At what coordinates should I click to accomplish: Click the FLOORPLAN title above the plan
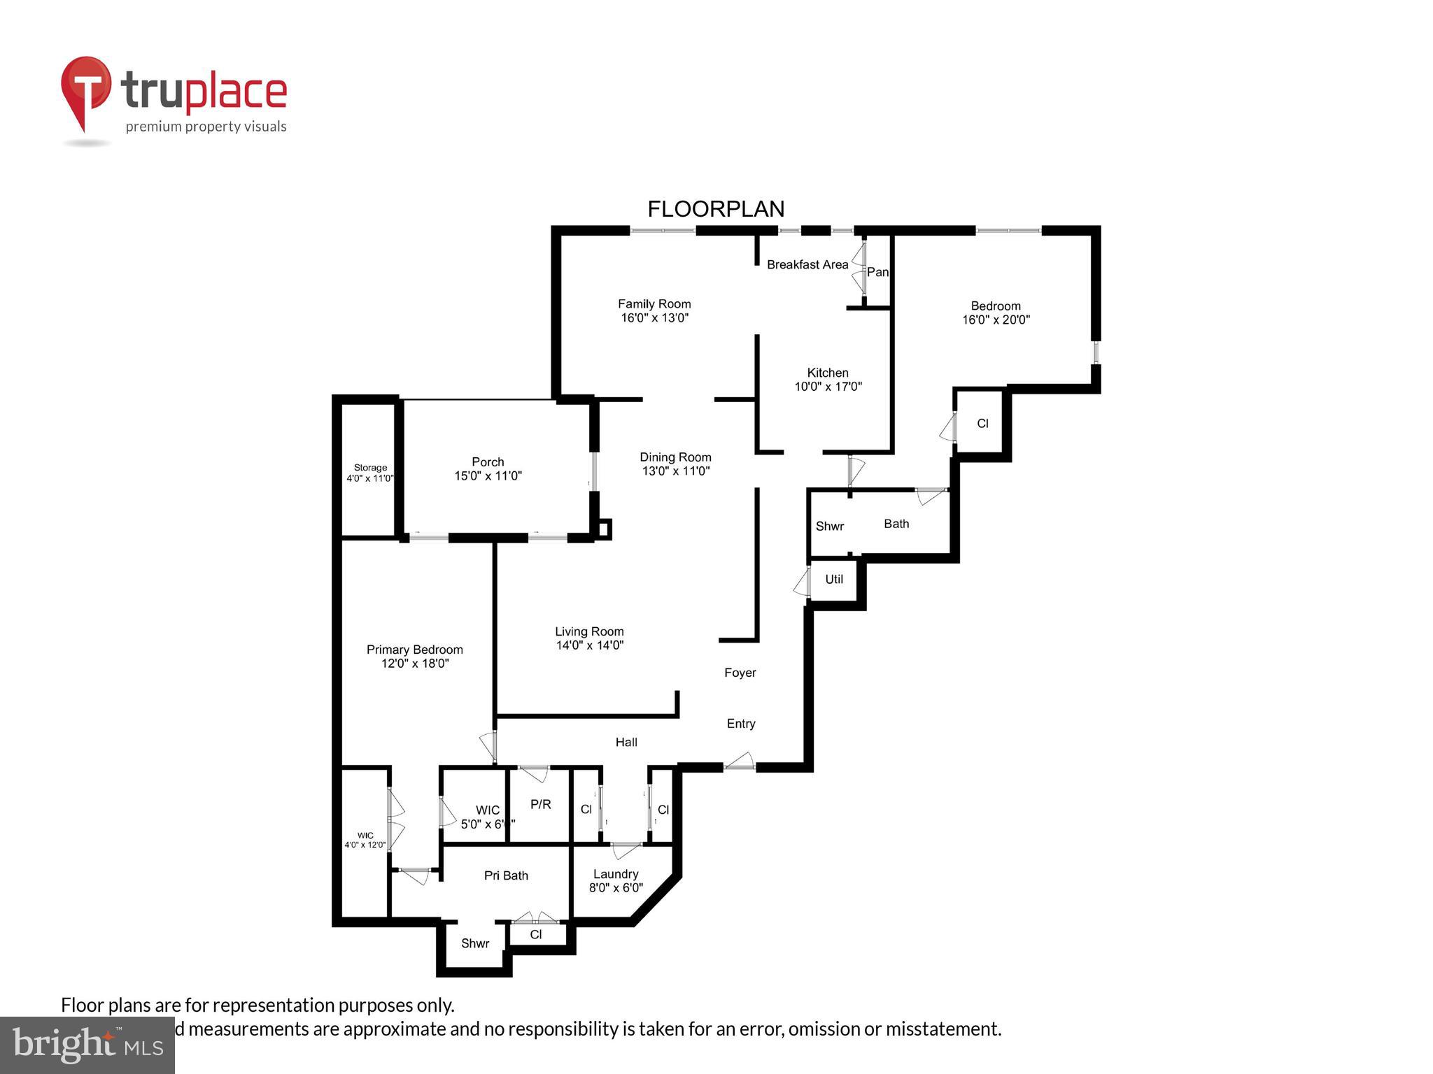point(716,209)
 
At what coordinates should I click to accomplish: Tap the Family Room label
point(654,310)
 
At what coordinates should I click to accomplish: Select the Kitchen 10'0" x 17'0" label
point(828,380)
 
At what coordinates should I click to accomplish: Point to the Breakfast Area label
point(807,264)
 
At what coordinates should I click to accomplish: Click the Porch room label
point(488,468)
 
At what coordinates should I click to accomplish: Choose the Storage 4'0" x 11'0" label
point(370,473)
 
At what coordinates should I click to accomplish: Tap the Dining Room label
point(675,464)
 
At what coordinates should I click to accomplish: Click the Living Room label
point(589,638)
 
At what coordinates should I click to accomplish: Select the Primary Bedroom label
point(414,656)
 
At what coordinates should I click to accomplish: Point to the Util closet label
point(833,579)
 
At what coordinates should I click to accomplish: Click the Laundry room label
point(616,880)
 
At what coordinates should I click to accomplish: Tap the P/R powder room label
point(540,804)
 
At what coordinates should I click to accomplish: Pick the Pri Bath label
point(506,875)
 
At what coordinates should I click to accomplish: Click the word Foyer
point(740,673)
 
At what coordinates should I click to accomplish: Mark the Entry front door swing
point(739,761)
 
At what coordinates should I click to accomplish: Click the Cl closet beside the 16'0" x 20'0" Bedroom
point(982,423)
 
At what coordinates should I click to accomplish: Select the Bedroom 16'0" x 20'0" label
point(996,313)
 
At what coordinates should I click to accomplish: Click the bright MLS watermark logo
point(87,1045)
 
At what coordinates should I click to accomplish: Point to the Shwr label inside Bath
point(830,526)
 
